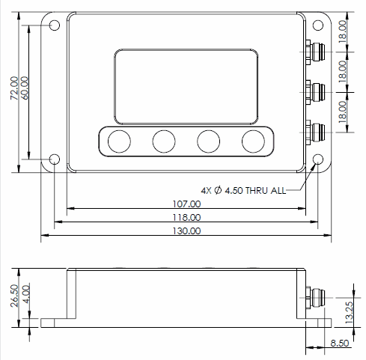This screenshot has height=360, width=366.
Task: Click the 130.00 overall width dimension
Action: coord(186,231)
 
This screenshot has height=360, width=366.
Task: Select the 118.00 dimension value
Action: coord(186,217)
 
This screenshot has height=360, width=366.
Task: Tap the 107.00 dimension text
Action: coord(186,204)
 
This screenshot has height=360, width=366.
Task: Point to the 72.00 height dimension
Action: coord(14,88)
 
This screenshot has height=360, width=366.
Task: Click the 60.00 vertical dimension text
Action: coord(25,88)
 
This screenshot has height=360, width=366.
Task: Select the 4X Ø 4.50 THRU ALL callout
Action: coord(243,191)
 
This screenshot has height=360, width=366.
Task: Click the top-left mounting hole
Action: coord(55,25)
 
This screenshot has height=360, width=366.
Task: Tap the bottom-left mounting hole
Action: coord(55,159)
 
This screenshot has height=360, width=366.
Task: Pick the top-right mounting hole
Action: coord(318,25)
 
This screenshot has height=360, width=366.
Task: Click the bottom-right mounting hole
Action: coord(318,159)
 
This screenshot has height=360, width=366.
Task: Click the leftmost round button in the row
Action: coord(119,141)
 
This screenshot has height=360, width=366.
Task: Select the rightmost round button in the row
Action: coord(253,141)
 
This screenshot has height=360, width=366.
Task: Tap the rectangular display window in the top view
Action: coord(186,87)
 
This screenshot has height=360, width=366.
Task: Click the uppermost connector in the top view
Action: coord(315,52)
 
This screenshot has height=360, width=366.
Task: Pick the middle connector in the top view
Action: coord(315,92)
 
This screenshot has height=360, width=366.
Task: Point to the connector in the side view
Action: coord(315,297)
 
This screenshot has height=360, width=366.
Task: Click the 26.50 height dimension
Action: coord(14,296)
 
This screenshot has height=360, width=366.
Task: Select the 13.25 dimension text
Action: coord(350,313)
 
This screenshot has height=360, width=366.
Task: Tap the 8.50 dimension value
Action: coord(340,343)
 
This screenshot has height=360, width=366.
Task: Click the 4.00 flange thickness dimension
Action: coord(26,294)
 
